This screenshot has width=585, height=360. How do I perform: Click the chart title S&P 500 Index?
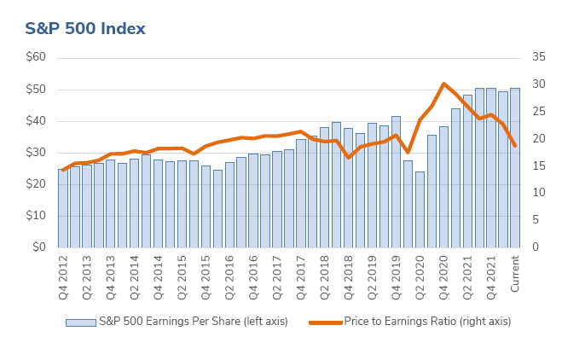[84, 29]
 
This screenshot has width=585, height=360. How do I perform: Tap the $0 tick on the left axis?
[39, 247]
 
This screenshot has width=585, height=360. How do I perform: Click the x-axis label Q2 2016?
[229, 273]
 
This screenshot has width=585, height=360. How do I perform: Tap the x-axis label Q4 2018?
[348, 273]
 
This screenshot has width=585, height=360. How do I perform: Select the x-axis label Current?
[515, 273]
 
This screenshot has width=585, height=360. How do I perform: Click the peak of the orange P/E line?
[443, 84]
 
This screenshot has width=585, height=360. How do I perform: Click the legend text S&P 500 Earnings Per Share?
[194, 322]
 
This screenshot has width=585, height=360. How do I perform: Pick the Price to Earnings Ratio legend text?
[427, 322]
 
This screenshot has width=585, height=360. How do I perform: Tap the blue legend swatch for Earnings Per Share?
[80, 322]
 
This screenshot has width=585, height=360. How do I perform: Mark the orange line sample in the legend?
[324, 322]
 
